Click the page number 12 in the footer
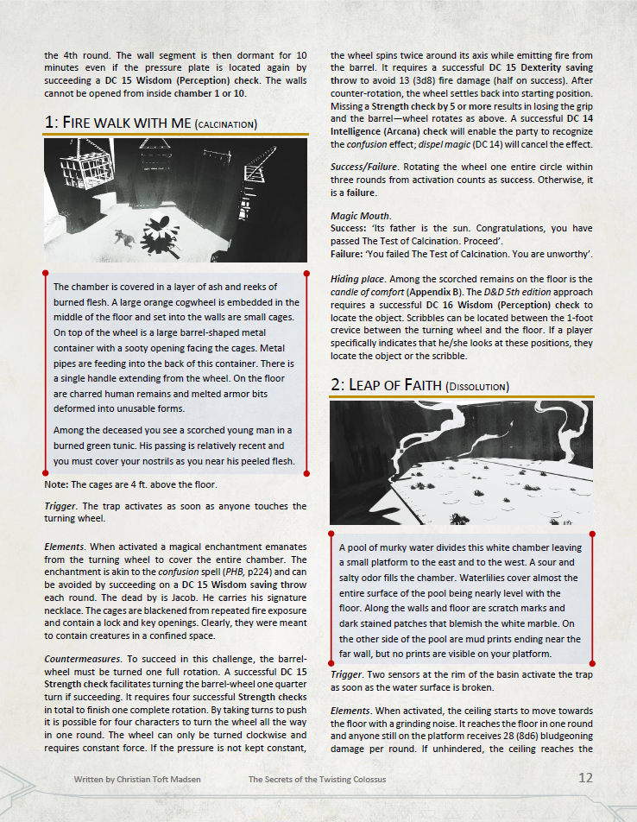(585, 778)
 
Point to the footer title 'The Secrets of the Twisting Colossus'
(317, 779)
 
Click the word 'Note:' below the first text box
(56, 484)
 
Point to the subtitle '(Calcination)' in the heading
(226, 124)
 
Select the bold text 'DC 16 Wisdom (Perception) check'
(495, 305)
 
